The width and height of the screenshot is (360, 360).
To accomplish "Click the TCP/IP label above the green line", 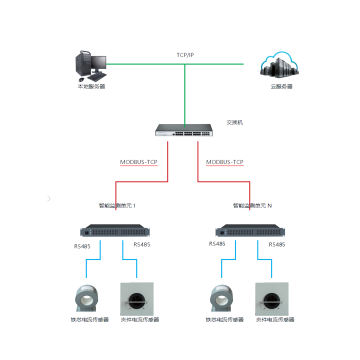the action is (185, 55).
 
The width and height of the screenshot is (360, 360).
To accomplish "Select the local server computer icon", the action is (91, 66).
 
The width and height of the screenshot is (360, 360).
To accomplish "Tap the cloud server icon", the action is (279, 64).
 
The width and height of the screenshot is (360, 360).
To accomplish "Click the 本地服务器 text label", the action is (91, 86).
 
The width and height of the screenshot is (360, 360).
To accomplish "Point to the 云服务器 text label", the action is (281, 86).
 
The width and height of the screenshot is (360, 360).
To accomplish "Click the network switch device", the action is (184, 130).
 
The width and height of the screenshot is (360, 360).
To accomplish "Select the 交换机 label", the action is (234, 122).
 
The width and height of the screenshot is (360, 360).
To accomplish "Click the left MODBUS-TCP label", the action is (138, 162).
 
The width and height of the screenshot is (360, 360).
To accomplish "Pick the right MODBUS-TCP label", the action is (225, 162).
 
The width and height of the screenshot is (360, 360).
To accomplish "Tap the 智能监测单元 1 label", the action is (117, 205).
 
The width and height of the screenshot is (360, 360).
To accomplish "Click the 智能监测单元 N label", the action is (252, 205).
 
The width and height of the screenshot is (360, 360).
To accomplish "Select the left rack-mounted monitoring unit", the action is (115, 230).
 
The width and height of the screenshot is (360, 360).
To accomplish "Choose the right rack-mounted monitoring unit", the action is (250, 230).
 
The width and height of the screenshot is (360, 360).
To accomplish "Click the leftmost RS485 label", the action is (82, 246).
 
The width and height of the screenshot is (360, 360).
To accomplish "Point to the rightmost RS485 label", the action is (277, 244).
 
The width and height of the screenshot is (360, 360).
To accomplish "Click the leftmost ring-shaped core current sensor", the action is (86, 298).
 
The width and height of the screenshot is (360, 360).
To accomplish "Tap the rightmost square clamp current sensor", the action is (272, 299).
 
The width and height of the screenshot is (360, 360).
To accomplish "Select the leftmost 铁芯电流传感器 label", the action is (90, 319).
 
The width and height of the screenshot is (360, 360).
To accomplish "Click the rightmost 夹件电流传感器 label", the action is (275, 319).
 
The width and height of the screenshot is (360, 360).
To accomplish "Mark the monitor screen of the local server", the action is (99, 62).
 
